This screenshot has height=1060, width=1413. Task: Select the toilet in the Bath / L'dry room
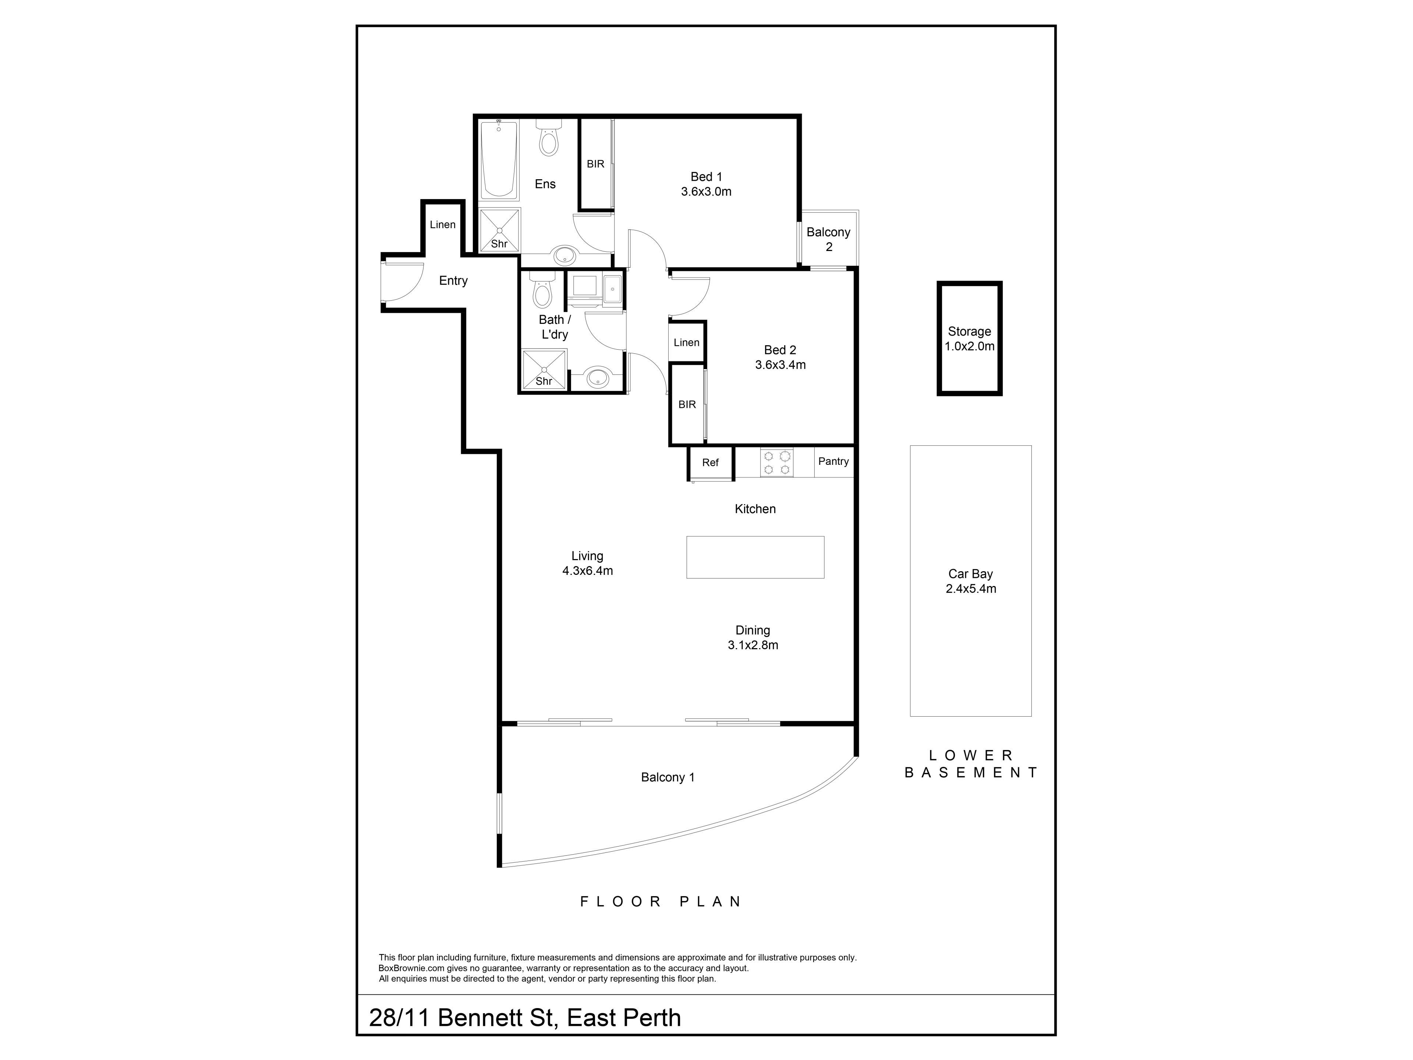[542, 291]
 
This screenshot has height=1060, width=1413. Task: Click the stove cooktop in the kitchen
[777, 463]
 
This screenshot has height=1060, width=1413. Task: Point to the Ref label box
[710, 463]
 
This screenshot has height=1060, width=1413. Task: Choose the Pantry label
[833, 461]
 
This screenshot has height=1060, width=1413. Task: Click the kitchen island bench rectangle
[755, 557]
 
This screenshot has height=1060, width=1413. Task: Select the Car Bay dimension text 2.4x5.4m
[971, 589]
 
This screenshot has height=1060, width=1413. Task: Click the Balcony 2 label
[829, 240]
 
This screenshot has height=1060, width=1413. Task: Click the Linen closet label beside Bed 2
[687, 342]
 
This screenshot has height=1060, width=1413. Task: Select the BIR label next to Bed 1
[595, 164]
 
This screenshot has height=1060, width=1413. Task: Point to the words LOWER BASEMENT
[971, 764]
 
